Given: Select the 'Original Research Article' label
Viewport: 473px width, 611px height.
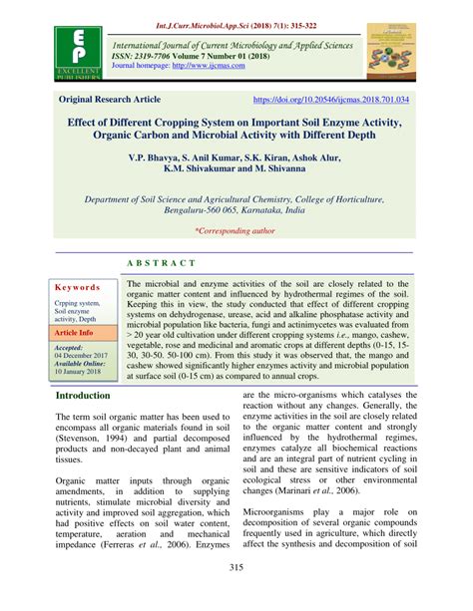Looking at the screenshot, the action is point(117,101).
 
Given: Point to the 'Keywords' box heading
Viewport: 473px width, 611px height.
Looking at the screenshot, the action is point(78,285).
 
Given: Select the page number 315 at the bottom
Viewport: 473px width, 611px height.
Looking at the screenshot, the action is point(236,568).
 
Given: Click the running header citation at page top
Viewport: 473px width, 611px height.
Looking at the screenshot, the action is point(236,9).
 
